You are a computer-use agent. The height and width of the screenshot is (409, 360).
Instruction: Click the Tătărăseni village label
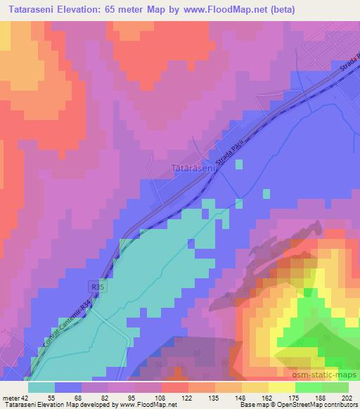click(191, 169)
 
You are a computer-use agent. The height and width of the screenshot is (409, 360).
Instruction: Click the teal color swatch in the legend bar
click(41, 387)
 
